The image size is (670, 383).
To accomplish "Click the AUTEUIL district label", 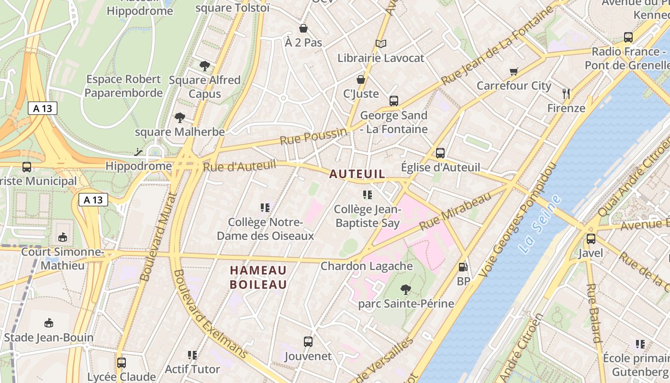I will [357, 174].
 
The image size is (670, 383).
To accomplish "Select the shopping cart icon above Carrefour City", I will [514, 72].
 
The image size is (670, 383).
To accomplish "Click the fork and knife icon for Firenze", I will [566, 94].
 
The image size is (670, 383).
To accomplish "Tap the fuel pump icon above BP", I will [463, 267].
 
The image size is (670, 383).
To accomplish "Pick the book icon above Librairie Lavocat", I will [381, 44].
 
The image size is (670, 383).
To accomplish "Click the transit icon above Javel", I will [591, 238].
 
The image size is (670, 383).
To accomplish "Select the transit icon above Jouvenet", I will [308, 342].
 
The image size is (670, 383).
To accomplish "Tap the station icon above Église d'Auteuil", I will [440, 153].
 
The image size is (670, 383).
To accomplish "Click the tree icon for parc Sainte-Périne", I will [406, 289].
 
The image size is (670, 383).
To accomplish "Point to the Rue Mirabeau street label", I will [455, 211].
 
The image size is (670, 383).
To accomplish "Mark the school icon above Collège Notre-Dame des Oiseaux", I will [265, 208].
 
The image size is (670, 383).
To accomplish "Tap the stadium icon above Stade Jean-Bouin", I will [48, 323].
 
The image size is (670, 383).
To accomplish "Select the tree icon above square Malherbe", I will [180, 117].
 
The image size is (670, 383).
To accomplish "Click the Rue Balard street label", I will [593, 314].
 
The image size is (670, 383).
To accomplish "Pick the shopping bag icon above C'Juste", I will [361, 79].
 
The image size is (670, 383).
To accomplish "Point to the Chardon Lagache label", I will [367, 266].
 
